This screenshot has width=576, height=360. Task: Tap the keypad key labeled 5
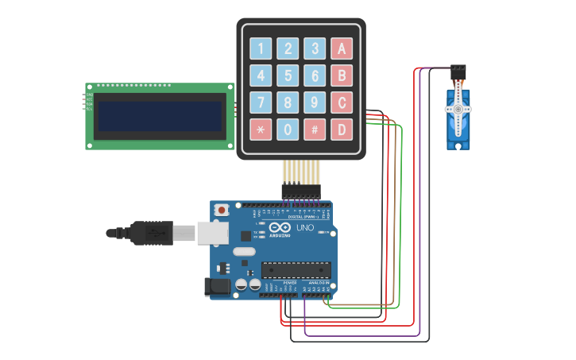click(288, 75)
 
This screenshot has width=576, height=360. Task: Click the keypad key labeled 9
click(315, 103)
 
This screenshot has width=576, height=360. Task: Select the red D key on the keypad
click(342, 130)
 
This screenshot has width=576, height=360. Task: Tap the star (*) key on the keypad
click(261, 130)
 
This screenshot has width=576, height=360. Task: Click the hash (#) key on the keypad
click(315, 130)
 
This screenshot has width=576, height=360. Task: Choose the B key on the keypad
click(342, 75)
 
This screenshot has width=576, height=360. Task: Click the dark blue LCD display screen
click(159, 116)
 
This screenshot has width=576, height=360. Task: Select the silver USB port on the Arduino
click(213, 233)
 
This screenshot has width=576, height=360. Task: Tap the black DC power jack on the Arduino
click(218, 287)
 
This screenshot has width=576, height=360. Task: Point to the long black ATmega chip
click(296, 270)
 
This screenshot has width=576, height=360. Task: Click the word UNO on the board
click(305, 228)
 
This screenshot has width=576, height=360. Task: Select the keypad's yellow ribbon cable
click(301, 172)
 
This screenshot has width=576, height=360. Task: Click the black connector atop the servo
click(458, 72)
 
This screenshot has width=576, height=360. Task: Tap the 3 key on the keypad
click(315, 48)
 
